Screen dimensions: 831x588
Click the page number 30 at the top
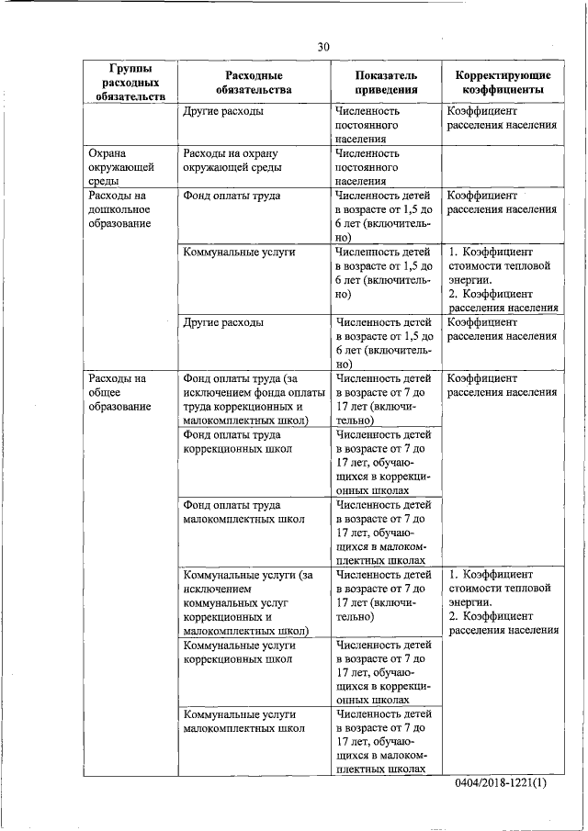pyautogui.click(x=323, y=46)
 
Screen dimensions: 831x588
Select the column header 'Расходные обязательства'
pyautogui.click(x=253, y=82)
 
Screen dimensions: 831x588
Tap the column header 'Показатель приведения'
pyautogui.click(x=385, y=82)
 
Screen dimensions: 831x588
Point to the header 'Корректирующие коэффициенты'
pyautogui.click(x=503, y=82)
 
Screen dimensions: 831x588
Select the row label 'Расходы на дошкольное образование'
pyautogui.click(x=119, y=210)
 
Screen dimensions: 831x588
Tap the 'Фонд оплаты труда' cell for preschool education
pyautogui.click(x=232, y=196)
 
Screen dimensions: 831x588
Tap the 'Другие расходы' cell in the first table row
pyautogui.click(x=223, y=111)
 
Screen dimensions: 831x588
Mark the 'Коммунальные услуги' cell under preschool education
pyautogui.click(x=238, y=251)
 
